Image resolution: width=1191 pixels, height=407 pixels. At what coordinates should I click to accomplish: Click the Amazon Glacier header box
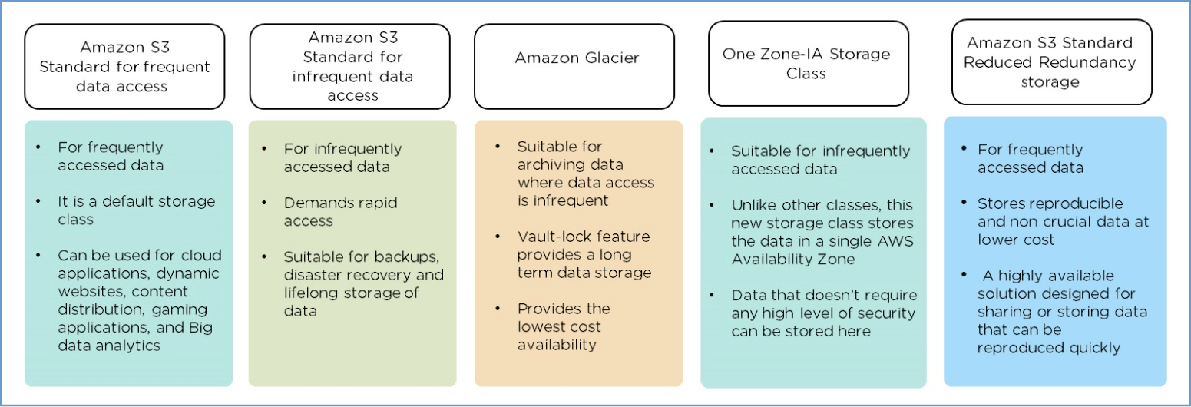click(574, 66)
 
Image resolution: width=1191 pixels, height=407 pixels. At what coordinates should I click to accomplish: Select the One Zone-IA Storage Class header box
click(808, 63)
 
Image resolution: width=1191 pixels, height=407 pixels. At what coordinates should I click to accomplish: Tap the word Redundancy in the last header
click(1093, 62)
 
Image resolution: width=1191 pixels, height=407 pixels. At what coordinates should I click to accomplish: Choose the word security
click(888, 313)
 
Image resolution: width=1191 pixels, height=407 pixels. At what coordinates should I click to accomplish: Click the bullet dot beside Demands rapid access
click(265, 203)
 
